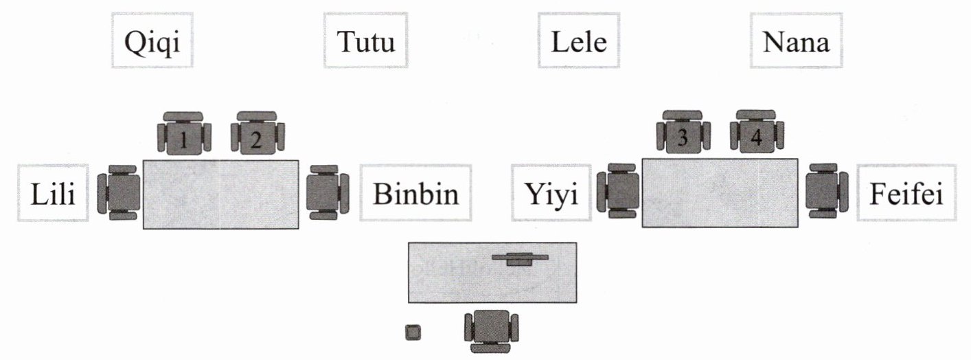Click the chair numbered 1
point(184,133)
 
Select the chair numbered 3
point(683,133)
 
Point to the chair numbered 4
point(756,133)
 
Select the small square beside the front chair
point(413,333)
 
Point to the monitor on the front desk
point(521,258)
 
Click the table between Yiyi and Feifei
point(720,192)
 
